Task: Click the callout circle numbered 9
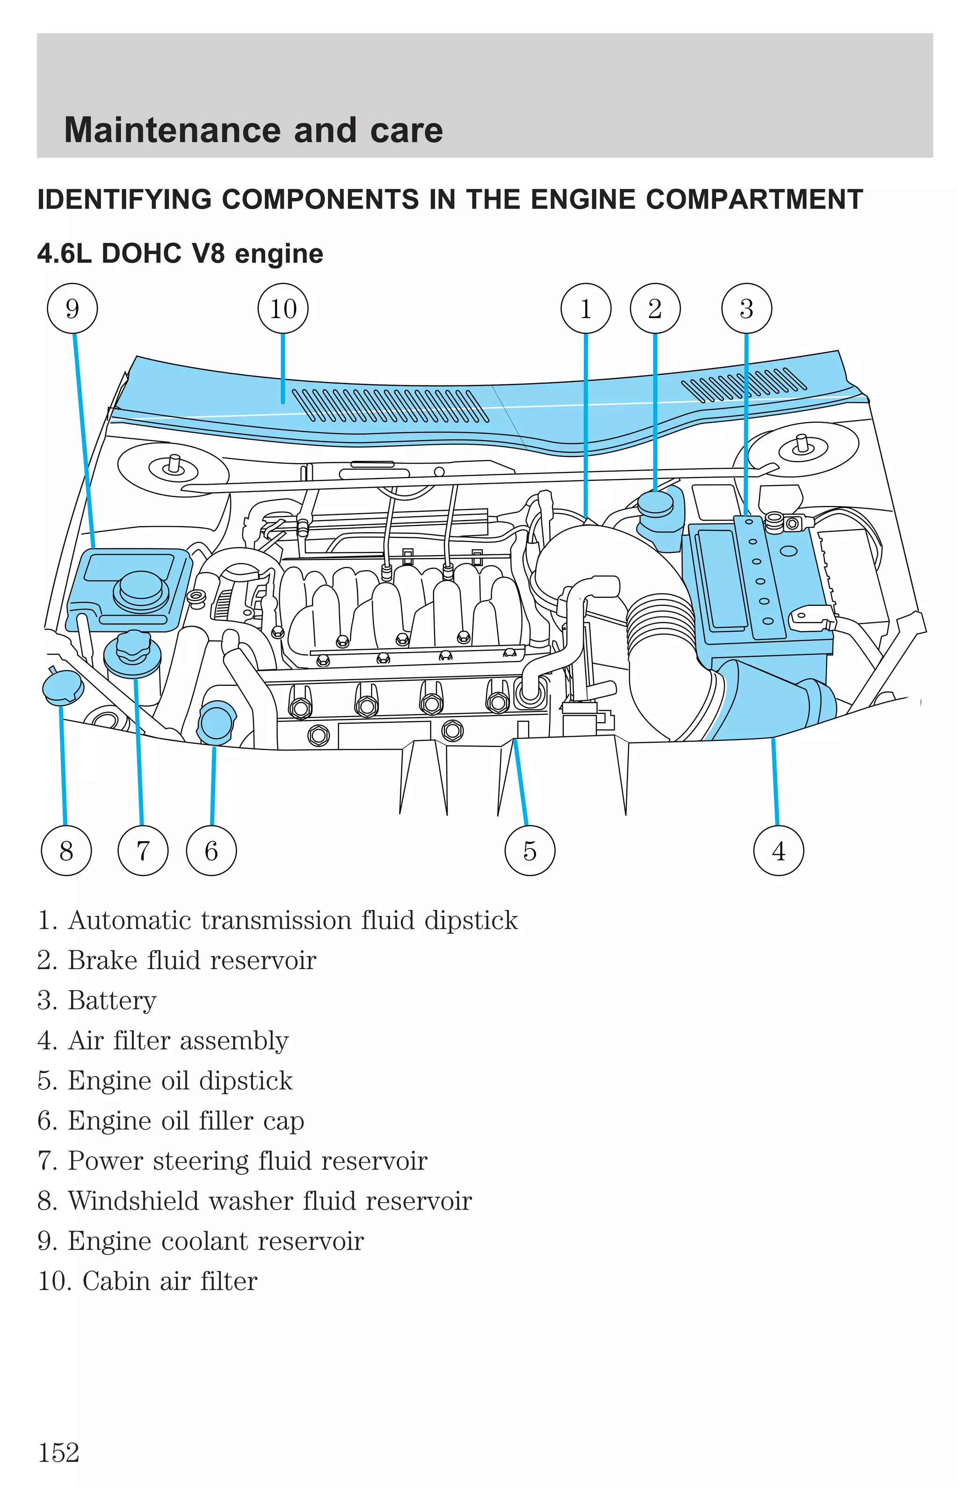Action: pos(72,308)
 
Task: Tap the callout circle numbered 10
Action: pos(283,308)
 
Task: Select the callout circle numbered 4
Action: pos(778,850)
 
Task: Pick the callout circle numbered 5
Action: pos(530,850)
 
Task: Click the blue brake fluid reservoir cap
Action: pos(655,504)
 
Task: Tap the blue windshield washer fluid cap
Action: pos(62,687)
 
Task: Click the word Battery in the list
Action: pos(112,1001)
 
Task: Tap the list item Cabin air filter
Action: pos(169,1281)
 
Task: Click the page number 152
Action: pos(59,1453)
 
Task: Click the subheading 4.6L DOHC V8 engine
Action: pos(181,254)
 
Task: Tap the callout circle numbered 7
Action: pos(143,850)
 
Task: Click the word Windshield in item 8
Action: pos(133,1201)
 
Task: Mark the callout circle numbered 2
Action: pos(655,308)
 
